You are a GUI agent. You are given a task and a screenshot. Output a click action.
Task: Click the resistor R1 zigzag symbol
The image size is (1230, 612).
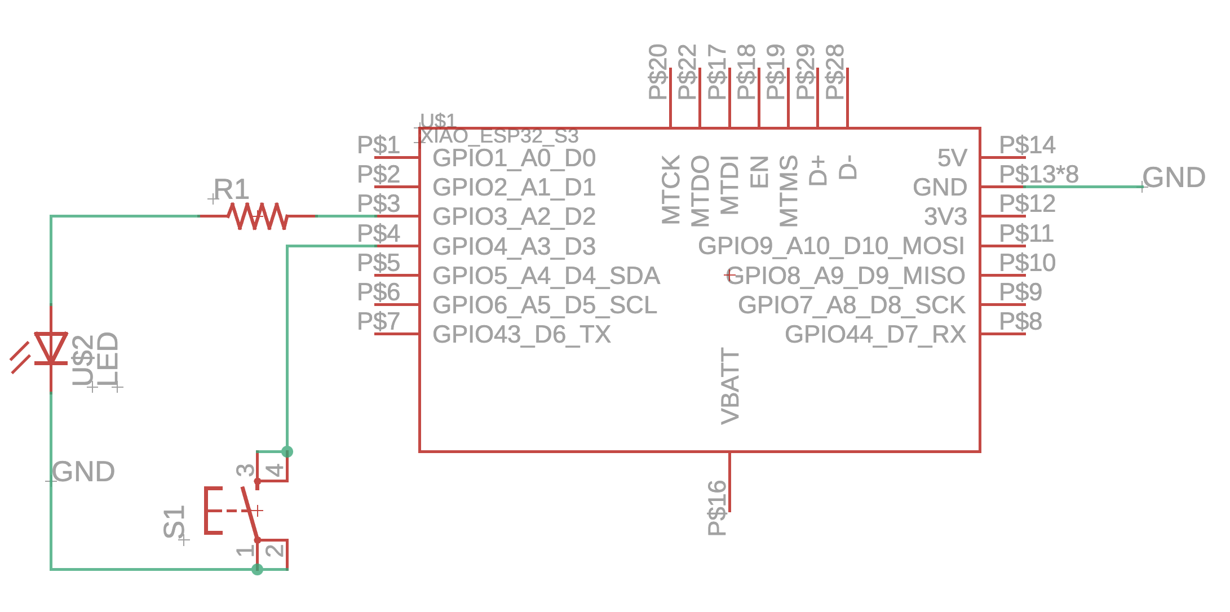click(258, 216)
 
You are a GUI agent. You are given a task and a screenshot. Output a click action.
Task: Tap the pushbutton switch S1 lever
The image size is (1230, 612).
click(250, 511)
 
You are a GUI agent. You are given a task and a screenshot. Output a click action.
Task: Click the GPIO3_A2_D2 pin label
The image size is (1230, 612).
click(514, 217)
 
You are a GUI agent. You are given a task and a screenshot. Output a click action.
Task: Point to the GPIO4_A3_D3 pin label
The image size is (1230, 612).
click(514, 247)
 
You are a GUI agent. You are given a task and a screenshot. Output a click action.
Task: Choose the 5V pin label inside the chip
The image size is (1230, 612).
click(952, 158)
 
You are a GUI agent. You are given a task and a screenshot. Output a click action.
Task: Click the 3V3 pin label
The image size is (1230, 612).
click(945, 217)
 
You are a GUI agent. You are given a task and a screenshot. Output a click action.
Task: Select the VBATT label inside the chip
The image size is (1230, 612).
click(731, 386)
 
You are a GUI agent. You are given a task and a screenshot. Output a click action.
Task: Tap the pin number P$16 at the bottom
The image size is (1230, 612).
click(717, 507)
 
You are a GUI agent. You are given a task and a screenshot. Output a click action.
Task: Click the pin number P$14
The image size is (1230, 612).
click(1027, 145)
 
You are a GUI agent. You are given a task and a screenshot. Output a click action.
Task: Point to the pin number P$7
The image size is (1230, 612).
click(378, 322)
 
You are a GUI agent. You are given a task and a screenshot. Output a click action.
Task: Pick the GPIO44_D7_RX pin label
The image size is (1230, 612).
click(875, 335)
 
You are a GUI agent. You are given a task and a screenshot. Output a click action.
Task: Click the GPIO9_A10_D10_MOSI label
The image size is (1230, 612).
click(831, 246)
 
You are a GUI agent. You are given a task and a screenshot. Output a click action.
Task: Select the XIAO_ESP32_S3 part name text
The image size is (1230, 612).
click(499, 136)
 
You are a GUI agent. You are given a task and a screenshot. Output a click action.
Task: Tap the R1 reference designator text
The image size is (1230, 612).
click(231, 189)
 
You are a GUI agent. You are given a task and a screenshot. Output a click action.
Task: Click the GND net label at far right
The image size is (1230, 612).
click(1174, 178)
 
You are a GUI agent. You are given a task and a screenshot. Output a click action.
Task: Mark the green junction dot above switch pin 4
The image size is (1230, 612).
click(287, 451)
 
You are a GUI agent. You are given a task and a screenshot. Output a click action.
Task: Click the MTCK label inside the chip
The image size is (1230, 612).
click(671, 189)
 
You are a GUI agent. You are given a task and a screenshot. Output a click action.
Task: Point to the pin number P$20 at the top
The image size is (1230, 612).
click(658, 72)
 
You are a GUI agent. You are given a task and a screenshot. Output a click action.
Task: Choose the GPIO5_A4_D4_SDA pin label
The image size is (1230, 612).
click(546, 276)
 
